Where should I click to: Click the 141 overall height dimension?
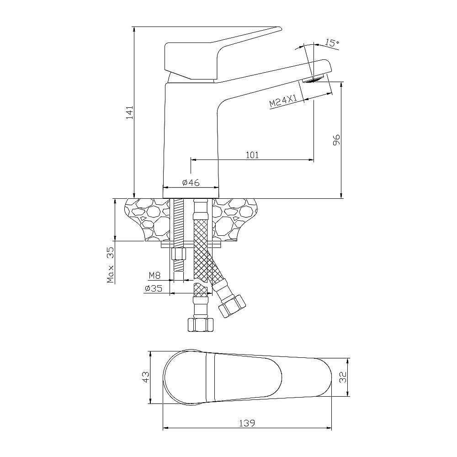130,112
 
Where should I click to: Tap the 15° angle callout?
332,43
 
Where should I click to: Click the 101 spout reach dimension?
252,155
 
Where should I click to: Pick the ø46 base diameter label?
191,182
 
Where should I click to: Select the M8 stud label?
155,275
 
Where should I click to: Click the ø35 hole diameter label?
154,288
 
